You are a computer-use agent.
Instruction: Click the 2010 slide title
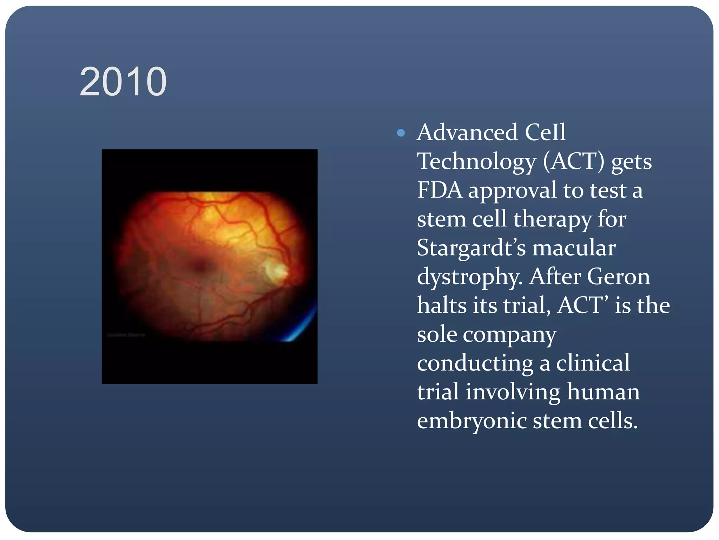tap(123, 82)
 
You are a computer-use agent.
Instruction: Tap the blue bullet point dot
tap(401, 133)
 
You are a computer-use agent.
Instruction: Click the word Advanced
tap(467, 133)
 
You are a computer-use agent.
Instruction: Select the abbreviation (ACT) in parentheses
tap(574, 161)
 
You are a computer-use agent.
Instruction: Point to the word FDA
tap(439, 190)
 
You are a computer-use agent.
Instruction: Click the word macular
tap(574, 248)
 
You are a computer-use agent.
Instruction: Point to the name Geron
tap(618, 277)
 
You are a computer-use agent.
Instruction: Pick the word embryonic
tap(471, 422)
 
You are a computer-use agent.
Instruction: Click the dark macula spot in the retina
tap(200, 266)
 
